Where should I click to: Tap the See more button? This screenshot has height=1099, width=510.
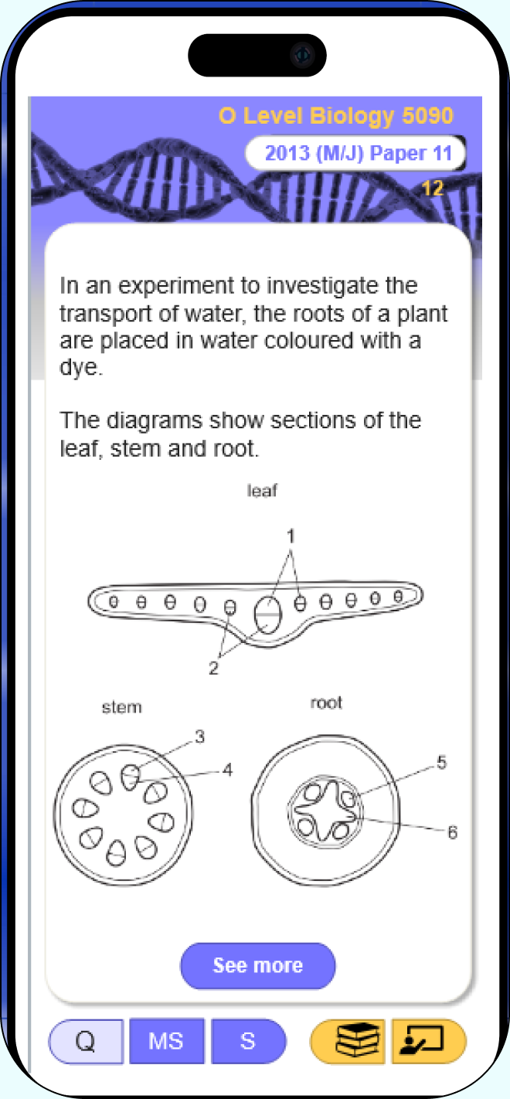click(x=258, y=965)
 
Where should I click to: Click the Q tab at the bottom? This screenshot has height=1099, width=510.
click(x=86, y=1041)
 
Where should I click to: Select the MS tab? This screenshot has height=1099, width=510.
click(x=166, y=1041)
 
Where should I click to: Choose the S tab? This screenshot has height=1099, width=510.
click(x=248, y=1041)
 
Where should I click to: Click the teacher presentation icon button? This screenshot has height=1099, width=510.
click(x=429, y=1041)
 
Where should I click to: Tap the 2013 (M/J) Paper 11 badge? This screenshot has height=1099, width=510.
click(x=355, y=153)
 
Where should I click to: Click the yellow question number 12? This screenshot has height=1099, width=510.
click(x=432, y=189)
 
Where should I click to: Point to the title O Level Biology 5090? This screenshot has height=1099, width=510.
click(x=336, y=116)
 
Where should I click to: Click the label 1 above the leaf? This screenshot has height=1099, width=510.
click(x=291, y=536)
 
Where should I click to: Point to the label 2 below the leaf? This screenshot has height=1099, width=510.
click(x=213, y=669)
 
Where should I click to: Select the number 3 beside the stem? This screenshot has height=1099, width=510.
click(x=199, y=737)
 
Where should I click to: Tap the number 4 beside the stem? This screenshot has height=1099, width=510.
click(x=227, y=770)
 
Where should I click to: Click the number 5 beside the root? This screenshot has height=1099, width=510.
click(x=441, y=763)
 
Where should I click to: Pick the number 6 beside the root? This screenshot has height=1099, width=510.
click(x=452, y=832)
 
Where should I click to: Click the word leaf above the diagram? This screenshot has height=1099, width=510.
click(x=262, y=491)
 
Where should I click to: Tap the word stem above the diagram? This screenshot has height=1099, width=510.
click(x=121, y=707)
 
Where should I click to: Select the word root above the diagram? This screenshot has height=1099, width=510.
click(x=326, y=703)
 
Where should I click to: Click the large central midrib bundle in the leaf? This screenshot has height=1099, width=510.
click(x=268, y=614)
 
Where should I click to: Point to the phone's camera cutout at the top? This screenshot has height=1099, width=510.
click(x=257, y=55)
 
